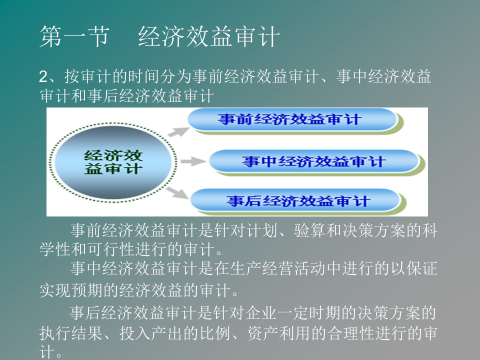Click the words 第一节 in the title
pos(74,36)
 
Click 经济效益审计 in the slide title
pos(209,36)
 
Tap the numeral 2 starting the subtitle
pos(43,76)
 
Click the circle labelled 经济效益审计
pos(113,162)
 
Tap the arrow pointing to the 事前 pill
pos(179,132)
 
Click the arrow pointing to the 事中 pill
pos(193,161)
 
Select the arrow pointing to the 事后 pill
pos(177,193)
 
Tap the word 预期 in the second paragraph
pos(87,290)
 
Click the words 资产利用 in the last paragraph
pos(278,333)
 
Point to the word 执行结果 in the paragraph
pos(71,333)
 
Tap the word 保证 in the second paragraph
pos(422,268)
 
